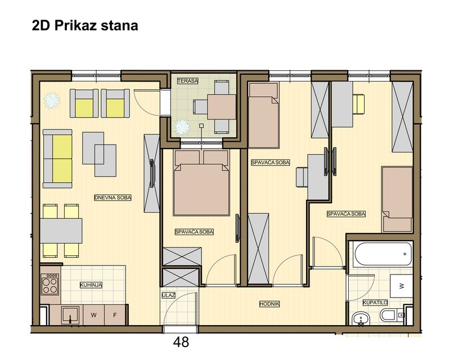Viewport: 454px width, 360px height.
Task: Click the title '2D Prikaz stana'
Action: [85, 26]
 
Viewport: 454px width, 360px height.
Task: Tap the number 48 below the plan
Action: [181, 341]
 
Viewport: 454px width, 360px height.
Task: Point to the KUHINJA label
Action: [91, 285]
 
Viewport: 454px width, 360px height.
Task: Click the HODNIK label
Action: [269, 304]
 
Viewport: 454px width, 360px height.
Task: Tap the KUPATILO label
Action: [374, 303]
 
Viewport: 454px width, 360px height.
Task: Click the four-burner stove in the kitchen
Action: [50, 283]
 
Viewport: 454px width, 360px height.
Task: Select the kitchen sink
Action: [70, 314]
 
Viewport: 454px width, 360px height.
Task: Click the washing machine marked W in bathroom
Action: [402, 286]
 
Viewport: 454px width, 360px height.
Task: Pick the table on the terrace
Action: [221, 106]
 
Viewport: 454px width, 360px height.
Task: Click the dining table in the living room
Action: [61, 229]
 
